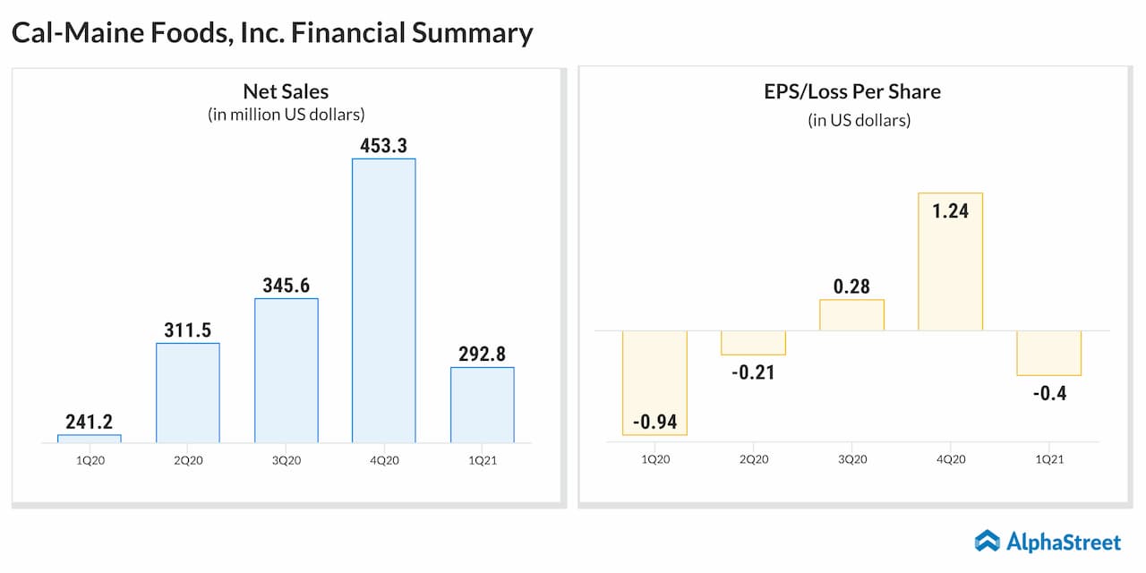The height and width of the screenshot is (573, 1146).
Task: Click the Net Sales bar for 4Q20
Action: (384, 300)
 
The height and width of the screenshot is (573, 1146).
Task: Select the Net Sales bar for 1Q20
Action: (90, 439)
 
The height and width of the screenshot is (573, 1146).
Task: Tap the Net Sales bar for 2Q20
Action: (188, 392)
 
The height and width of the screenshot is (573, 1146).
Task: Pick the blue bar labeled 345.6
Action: (286, 370)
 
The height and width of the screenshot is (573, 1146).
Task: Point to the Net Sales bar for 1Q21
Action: (483, 405)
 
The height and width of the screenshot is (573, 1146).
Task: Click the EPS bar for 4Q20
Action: (950, 261)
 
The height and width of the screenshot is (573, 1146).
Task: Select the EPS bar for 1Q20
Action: (654, 382)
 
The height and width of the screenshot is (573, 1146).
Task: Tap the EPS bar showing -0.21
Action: (753, 343)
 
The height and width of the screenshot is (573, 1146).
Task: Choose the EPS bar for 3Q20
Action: (851, 314)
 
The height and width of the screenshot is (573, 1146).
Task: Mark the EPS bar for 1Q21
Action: (1048, 353)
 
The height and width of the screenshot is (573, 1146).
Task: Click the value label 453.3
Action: (384, 145)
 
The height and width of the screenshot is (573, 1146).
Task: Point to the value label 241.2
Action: (89, 422)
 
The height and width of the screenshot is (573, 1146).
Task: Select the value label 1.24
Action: (950, 212)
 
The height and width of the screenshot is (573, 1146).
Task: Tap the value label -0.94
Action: (654, 420)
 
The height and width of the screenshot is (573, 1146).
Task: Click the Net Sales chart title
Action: (286, 91)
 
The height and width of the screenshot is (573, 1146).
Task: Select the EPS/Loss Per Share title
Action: (851, 91)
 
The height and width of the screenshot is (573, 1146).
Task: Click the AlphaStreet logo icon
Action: (988, 541)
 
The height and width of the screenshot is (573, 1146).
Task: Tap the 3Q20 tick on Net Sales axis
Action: (286, 460)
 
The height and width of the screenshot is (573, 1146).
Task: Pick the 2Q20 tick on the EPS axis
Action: (753, 459)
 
